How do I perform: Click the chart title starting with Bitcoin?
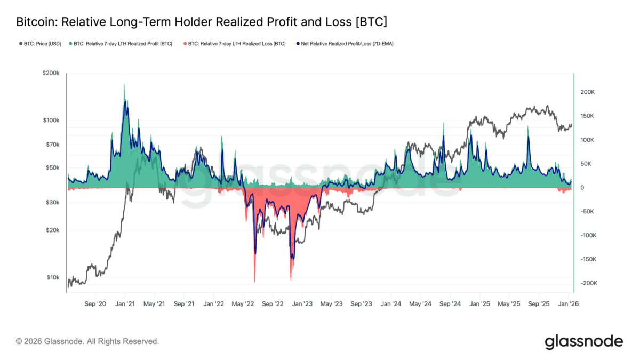201,22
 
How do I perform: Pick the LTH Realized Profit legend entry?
123,44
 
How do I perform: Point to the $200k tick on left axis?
51,73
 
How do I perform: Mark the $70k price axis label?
52,145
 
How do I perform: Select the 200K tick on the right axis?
587,92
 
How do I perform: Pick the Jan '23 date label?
302,303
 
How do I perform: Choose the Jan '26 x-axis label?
568,303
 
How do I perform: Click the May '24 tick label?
420,303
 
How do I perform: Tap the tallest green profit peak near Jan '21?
124,85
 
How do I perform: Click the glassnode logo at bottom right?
583,341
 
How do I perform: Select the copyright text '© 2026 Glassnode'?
87,341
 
